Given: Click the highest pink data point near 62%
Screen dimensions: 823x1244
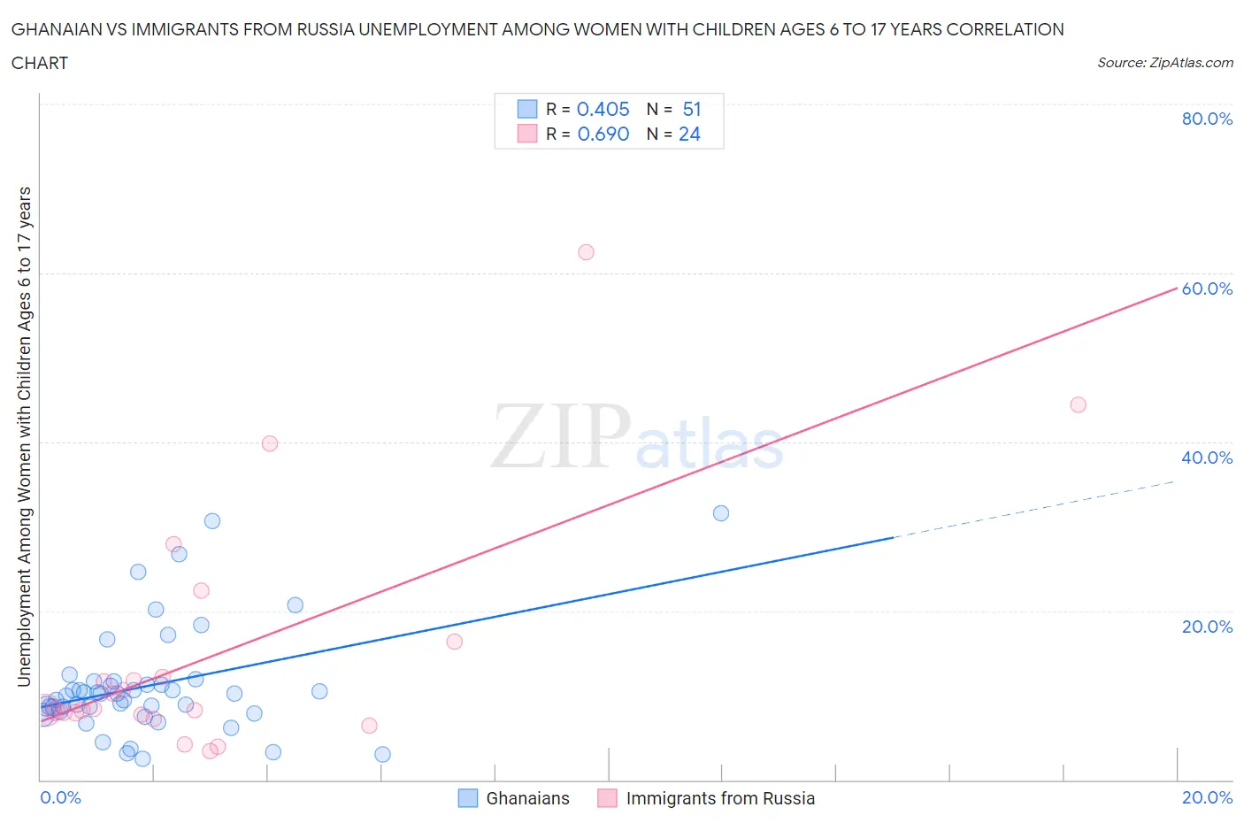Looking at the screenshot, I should point(586,252).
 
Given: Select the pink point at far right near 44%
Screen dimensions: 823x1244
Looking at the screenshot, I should point(1078,404).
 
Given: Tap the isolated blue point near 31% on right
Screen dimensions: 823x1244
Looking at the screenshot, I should point(721,513).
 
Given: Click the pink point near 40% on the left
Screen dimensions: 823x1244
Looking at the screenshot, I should point(270,443).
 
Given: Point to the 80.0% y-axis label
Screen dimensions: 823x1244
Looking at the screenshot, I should point(1207,119).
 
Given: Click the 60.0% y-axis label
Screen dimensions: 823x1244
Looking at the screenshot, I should point(1207,288).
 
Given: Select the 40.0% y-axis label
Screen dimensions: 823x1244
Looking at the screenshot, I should point(1207,458).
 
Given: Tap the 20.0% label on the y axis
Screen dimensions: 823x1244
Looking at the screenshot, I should point(1207,627).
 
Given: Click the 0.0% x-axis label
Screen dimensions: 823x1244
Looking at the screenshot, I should point(60,797).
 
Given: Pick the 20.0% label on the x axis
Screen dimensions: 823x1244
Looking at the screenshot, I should point(1207,797).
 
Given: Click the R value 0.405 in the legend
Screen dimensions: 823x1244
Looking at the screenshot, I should point(603,109).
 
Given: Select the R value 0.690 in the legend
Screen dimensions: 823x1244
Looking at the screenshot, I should point(603,134).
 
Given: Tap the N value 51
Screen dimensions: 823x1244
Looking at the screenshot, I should point(691,109).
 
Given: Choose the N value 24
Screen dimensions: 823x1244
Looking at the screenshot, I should point(689,134).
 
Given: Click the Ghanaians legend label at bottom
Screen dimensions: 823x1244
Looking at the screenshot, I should point(527,798).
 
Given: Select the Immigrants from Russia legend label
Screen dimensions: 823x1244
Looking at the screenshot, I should point(720,798).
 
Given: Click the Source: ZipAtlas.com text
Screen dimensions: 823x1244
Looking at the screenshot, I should point(1164,62).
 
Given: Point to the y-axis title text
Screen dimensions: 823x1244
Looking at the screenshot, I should point(24,436).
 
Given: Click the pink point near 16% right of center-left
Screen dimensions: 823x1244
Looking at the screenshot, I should point(454,642).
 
